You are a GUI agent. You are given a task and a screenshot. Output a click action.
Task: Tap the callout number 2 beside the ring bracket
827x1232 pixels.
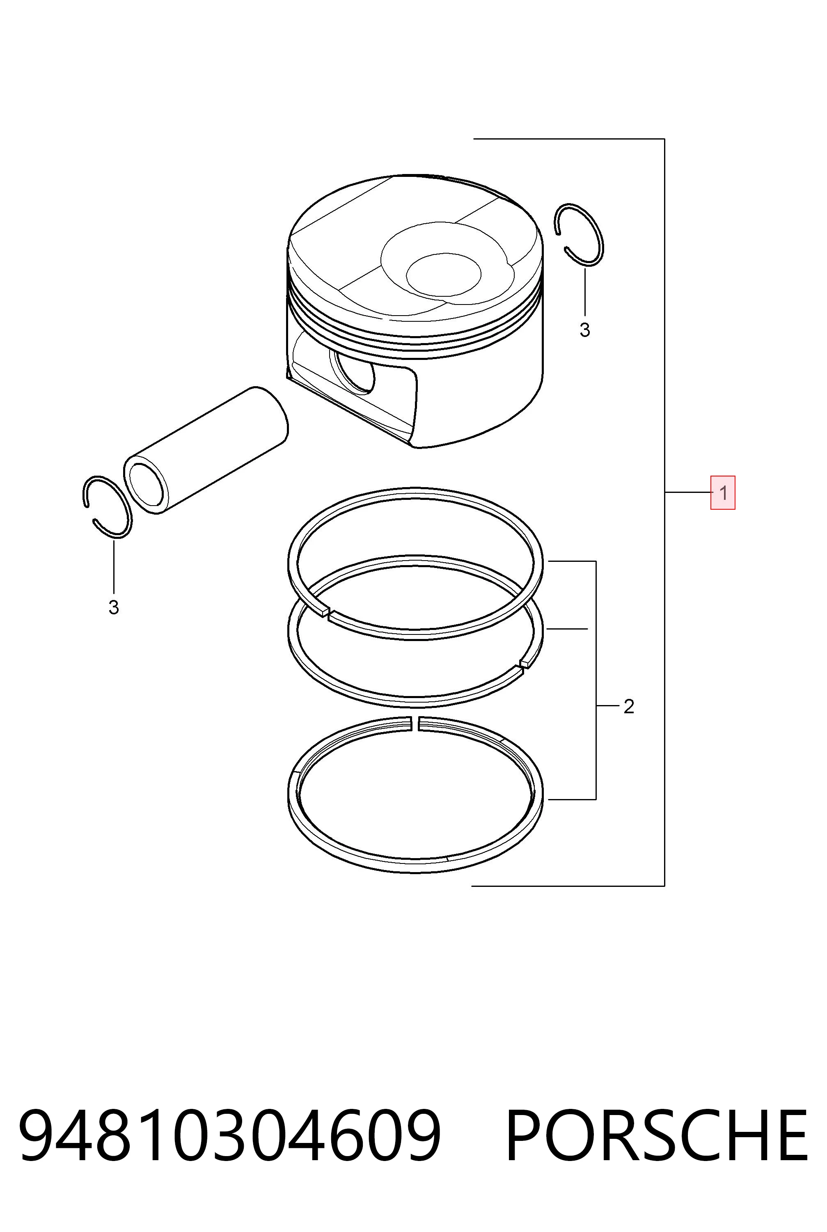click(x=628, y=707)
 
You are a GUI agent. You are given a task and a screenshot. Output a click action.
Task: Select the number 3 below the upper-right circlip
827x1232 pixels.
click(x=584, y=330)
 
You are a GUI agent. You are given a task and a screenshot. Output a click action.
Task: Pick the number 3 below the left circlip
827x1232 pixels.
click(x=113, y=607)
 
